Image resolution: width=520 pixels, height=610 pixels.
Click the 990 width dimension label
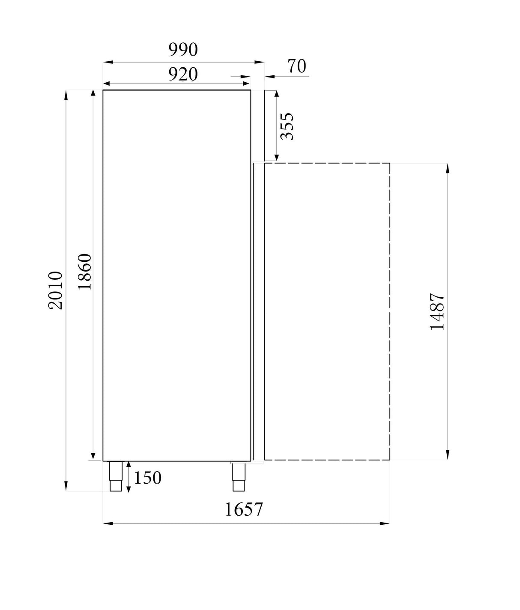pos(183,50)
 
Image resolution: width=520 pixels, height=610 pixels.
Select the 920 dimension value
pos(183,74)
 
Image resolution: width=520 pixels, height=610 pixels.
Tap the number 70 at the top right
pos(297,66)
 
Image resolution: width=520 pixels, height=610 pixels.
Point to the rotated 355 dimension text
pos(287,126)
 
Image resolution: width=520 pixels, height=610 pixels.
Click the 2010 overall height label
pos(56,290)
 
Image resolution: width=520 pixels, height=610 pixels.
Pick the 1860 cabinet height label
pos(85,272)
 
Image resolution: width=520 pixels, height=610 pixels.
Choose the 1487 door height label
pos(437,311)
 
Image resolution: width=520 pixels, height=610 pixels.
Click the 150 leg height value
pos(148,478)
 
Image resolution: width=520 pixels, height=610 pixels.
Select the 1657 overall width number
pos(243,509)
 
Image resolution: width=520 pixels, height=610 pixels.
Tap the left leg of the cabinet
pos(116,476)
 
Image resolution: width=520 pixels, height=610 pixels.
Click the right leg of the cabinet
pos(238,476)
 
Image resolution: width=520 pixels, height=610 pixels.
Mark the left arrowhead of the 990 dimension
pos(108,62)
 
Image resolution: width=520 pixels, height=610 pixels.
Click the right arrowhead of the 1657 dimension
pos(385,523)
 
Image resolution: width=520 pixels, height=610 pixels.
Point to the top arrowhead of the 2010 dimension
pos(66,95)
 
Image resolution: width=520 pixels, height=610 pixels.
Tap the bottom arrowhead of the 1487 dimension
pos(448,455)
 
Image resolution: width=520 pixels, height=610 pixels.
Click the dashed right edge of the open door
pos(389,311)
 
